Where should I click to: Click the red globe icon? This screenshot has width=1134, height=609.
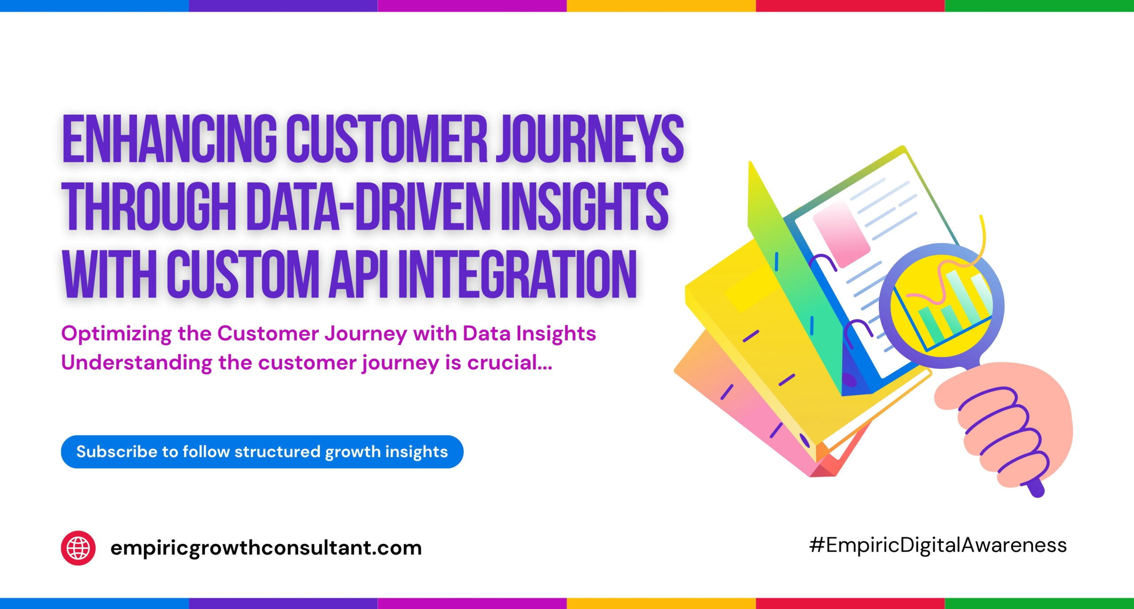coord(78,548)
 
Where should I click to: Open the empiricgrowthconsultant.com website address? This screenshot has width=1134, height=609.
coord(266,548)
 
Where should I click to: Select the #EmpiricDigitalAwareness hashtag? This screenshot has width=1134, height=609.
coord(938,546)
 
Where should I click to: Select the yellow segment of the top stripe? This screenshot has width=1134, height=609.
coord(661,6)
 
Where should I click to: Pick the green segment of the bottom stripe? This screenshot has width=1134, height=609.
coord(1039,603)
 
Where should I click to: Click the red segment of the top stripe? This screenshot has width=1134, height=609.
coord(850,6)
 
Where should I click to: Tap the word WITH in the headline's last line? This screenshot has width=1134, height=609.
coord(109,273)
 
